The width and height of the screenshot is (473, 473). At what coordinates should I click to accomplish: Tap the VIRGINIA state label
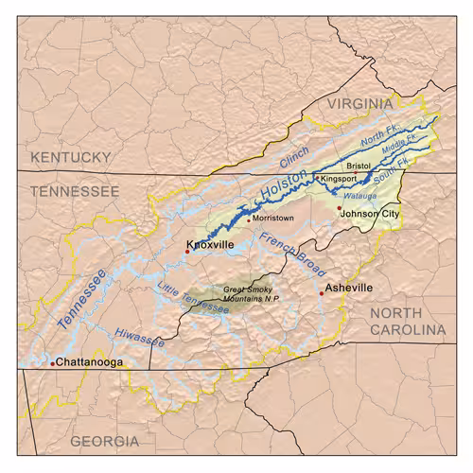(x=359, y=102)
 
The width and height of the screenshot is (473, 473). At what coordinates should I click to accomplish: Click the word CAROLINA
(x=407, y=329)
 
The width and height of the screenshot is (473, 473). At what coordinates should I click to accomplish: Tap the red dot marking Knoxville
(x=187, y=252)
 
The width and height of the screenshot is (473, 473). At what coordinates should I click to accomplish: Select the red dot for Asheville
(x=322, y=294)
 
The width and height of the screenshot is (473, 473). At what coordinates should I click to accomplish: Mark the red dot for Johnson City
(x=339, y=208)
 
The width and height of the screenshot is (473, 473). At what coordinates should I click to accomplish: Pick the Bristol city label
(x=359, y=166)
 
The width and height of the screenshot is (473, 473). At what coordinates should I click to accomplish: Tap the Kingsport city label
(x=338, y=178)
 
